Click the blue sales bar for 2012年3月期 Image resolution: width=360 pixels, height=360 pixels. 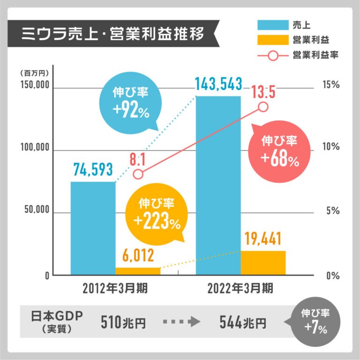93,228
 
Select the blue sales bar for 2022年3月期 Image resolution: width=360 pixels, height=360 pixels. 218,185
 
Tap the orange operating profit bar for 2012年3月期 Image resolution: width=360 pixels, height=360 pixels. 138,271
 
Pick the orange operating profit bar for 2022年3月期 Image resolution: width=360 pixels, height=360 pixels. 263,262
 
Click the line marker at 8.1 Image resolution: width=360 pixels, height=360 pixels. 138,174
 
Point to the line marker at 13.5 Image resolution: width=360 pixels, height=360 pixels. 263,107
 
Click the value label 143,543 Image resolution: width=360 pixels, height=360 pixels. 219,85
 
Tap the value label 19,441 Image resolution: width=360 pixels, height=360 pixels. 263,240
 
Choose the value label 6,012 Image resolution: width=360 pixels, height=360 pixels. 138,256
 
